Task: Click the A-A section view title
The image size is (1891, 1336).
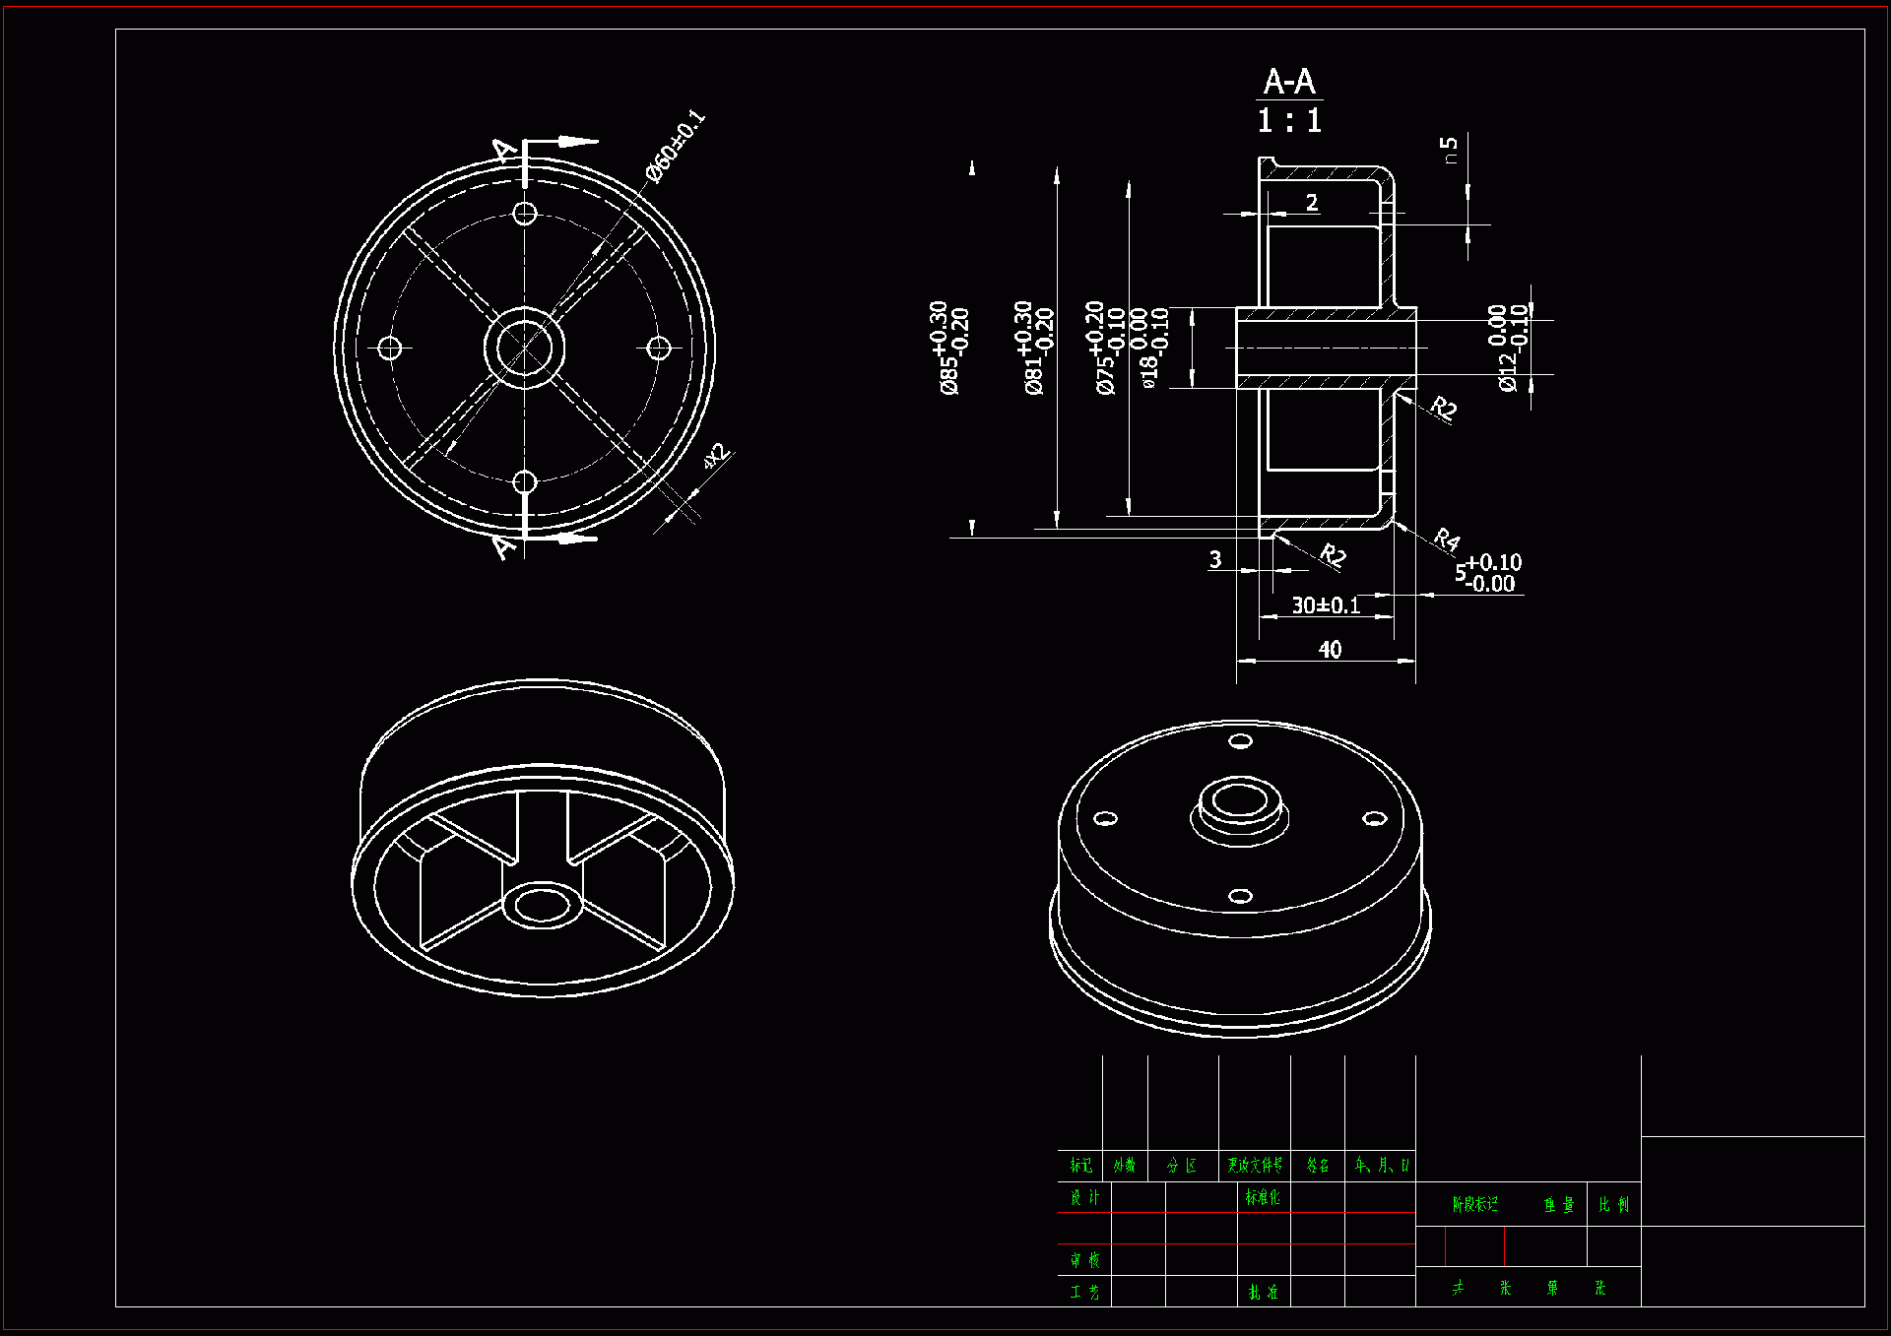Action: click(x=1288, y=82)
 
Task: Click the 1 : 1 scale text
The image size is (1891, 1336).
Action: click(x=1288, y=121)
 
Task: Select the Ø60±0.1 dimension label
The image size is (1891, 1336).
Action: click(x=676, y=147)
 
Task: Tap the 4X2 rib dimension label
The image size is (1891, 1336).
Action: click(x=716, y=456)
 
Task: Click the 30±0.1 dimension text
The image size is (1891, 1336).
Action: click(x=1326, y=605)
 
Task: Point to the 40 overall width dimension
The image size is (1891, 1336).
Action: click(x=1330, y=650)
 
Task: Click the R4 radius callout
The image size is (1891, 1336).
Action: click(x=1446, y=539)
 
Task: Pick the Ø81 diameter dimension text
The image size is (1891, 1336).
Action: click(x=1034, y=349)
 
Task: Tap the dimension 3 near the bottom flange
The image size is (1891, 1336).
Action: click(x=1215, y=559)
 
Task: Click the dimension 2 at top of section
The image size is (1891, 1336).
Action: click(x=1312, y=203)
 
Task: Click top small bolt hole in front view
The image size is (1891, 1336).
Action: click(x=525, y=213)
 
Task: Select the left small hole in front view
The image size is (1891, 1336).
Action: click(x=390, y=348)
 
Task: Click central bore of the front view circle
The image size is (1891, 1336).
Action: click(x=525, y=348)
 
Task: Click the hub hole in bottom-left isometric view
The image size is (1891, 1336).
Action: click(x=543, y=903)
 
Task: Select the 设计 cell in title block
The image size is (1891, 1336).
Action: click(x=1084, y=1197)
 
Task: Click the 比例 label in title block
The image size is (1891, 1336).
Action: click(x=1613, y=1205)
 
